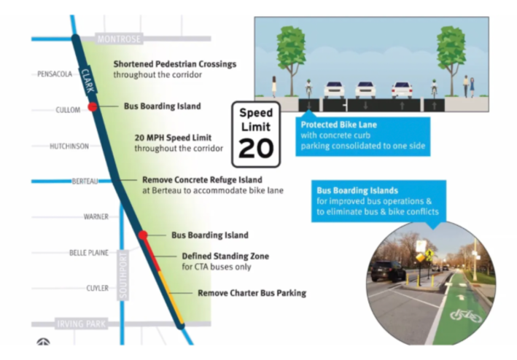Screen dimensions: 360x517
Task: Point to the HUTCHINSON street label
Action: click(69, 146)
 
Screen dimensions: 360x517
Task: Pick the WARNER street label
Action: click(96, 216)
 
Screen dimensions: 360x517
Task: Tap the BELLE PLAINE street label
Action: click(88, 252)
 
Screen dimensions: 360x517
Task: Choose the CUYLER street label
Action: click(97, 288)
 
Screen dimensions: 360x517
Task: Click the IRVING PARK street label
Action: click(82, 322)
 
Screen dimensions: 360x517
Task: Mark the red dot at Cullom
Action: click(93, 107)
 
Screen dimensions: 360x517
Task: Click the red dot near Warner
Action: click(144, 235)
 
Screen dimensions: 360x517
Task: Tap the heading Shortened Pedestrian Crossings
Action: click(174, 64)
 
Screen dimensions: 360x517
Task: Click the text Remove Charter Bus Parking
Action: click(252, 293)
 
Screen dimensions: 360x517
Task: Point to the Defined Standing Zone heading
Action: click(225, 257)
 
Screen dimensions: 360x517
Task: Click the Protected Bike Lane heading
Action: click(338, 125)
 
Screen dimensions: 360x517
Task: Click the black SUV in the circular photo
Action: click(389, 270)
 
